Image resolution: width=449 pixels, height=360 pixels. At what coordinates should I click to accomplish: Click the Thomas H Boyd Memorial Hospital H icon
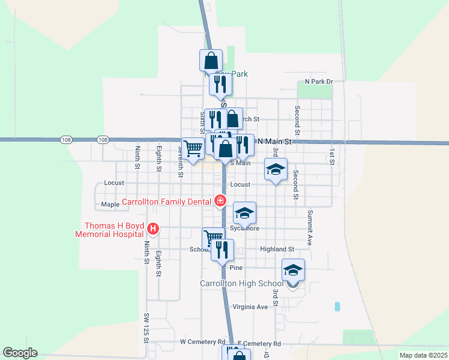pyautogui.click(x=153, y=229)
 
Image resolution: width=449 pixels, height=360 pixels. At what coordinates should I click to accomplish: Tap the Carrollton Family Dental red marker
pyautogui.click(x=220, y=202)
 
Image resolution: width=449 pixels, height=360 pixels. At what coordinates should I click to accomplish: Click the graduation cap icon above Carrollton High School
pyautogui.click(x=293, y=271)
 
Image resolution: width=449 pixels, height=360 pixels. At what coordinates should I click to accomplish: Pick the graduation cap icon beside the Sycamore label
pyautogui.click(x=244, y=214)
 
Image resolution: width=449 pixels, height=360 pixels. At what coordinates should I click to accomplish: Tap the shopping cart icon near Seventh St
pyautogui.click(x=193, y=148)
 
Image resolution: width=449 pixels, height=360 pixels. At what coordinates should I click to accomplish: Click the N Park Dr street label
pyautogui.click(x=318, y=81)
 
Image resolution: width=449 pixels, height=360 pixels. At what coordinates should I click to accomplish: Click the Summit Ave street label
pyautogui.click(x=310, y=222)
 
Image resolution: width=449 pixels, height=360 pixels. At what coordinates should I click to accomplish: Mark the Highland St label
pyautogui.click(x=277, y=249)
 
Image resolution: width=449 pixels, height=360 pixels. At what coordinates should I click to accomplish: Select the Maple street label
pyautogui.click(x=110, y=205)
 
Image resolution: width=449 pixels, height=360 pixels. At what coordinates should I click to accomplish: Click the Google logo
pyautogui.click(x=20, y=353)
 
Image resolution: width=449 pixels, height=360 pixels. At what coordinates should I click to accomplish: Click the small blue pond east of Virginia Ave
pyautogui.click(x=337, y=306)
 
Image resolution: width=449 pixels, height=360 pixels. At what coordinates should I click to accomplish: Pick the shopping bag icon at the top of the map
pyautogui.click(x=211, y=61)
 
